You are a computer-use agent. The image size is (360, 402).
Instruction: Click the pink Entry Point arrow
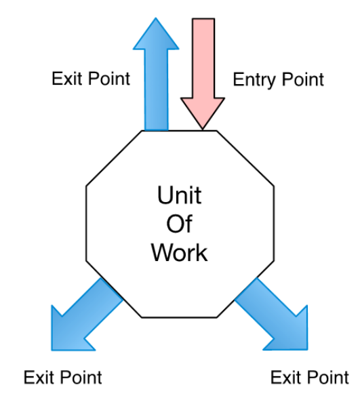tap(203, 72)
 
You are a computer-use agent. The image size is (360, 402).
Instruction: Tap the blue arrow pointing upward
tap(156, 75)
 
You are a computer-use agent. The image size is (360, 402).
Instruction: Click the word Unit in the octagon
tap(179, 195)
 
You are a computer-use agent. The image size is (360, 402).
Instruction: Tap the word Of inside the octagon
tap(179, 224)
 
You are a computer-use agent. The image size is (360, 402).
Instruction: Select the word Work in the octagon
tap(179, 253)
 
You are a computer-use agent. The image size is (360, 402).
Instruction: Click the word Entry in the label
tap(254, 80)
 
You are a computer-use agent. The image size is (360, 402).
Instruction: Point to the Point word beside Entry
tap(303, 79)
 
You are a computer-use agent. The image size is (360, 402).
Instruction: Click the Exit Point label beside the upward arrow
tap(91, 78)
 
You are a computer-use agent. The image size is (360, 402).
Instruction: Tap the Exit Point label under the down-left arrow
tap(63, 377)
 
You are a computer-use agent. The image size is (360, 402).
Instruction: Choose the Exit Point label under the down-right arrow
tap(310, 377)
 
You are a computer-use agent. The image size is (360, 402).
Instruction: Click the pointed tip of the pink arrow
tap(203, 129)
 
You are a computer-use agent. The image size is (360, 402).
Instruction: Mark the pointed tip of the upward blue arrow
tap(156, 18)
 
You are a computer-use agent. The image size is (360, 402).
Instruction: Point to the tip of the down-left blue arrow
tap(52, 350)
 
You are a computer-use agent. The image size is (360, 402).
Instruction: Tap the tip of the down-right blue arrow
tap(307, 350)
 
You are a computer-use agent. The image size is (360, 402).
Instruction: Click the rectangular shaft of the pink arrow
tap(203, 58)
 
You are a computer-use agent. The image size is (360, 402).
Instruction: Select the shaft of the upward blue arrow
tap(157, 89)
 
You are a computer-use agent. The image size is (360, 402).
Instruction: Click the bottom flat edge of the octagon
tap(179, 318)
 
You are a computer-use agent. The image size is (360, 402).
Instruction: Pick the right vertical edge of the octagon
tap(274, 224)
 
